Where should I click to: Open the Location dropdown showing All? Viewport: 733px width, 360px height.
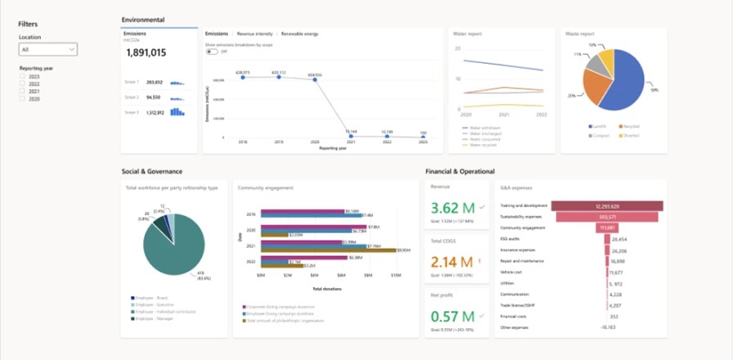tap(48, 50)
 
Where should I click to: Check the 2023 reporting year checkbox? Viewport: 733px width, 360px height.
tap(23, 76)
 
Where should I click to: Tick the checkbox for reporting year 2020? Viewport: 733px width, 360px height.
tap(23, 98)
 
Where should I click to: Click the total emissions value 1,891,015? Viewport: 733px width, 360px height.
tap(146, 52)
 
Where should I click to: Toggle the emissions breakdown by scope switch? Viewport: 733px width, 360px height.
tap(212, 51)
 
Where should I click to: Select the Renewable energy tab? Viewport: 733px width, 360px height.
tap(299, 34)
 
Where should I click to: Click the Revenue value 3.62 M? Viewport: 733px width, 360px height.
tap(451, 208)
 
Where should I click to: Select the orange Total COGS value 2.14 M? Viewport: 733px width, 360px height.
tap(451, 262)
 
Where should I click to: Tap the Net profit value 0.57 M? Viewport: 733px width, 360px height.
tap(451, 317)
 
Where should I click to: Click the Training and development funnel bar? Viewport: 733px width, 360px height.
tap(606, 205)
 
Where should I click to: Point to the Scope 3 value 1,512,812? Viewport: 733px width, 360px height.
tap(155, 112)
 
